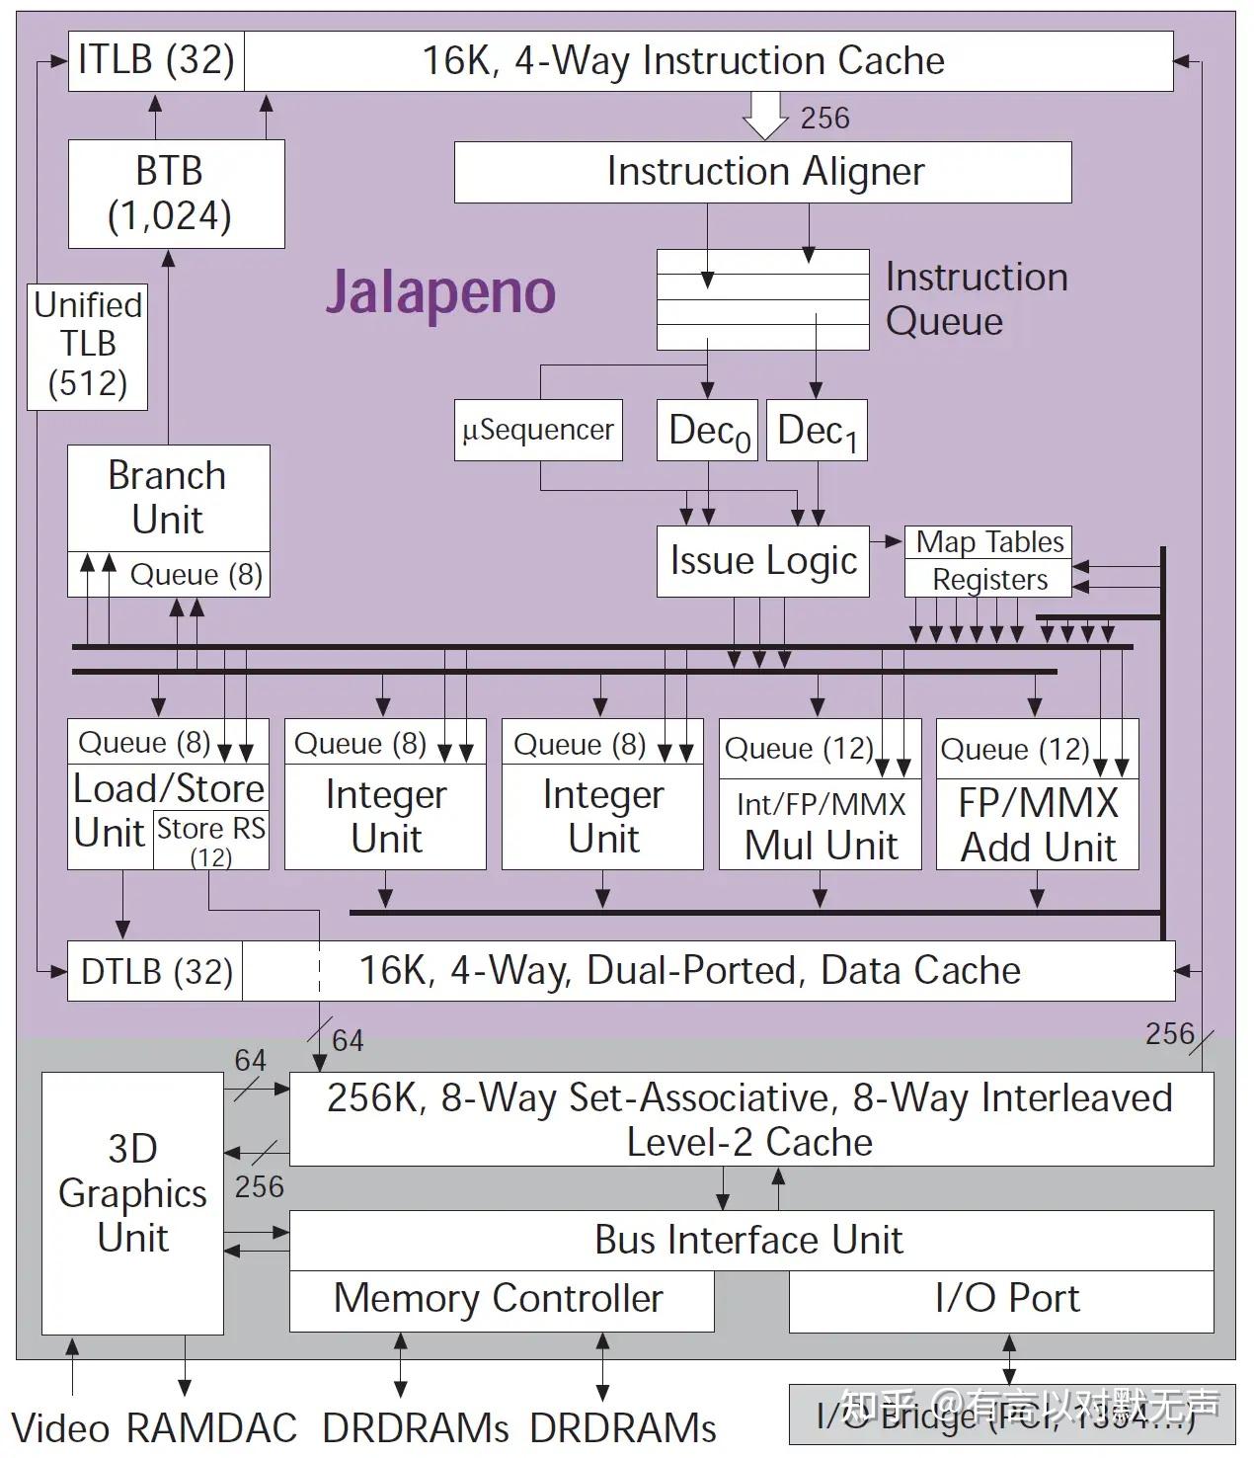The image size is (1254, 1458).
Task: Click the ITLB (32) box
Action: pos(156,61)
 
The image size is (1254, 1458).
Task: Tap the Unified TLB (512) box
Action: pos(88,345)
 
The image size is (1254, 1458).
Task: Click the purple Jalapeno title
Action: pos(440,291)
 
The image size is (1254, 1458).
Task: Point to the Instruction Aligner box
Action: pos(762,172)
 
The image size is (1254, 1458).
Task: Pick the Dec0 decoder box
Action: pos(708,431)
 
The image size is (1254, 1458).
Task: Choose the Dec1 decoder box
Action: pos(817,431)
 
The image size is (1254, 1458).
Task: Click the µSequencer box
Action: pos(538,431)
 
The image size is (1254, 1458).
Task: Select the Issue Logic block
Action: pos(762,561)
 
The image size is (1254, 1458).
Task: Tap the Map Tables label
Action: pos(989,542)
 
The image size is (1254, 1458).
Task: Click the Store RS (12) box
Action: pos(210,840)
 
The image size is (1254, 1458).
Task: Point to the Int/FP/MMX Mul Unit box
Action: pos(821,826)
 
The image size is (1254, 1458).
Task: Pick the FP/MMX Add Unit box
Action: pos(1038,826)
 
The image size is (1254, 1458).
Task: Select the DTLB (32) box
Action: pos(156,972)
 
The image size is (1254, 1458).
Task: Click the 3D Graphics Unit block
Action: pos(132,1193)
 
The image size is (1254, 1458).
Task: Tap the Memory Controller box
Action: pos(500,1299)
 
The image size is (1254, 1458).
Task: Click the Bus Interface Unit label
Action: pos(748,1241)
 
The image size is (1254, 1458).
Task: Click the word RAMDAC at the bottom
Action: pos(211,1429)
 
